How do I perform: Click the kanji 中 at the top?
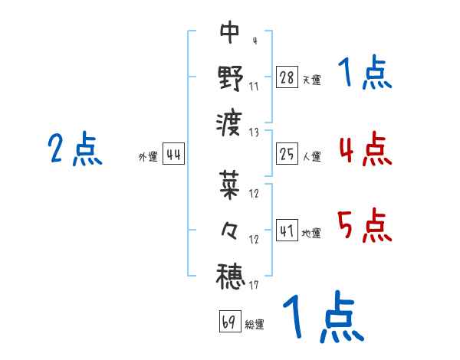pos(230,32)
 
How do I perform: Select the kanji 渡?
pos(230,123)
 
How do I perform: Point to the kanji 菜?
pos(230,185)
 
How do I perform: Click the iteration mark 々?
pos(230,231)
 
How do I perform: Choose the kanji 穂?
pos(230,276)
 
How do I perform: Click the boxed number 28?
pos(287,77)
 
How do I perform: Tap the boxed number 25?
pos(287,155)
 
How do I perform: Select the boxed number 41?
pos(287,231)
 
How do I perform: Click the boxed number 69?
pos(229,322)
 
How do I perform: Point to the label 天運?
pos(311,80)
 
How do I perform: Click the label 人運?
pos(311,157)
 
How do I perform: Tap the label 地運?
pos(311,234)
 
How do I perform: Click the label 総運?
pos(255,325)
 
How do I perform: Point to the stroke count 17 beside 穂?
pos(253,286)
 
